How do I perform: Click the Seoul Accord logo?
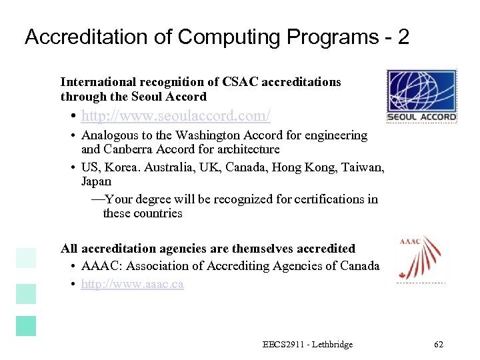click(x=422, y=96)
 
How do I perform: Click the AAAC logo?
click(x=421, y=259)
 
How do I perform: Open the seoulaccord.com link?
click(x=176, y=116)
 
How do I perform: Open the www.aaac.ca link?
click(x=133, y=284)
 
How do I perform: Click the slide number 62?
click(x=438, y=345)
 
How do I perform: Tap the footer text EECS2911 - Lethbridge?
click(x=307, y=345)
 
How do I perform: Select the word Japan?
click(x=96, y=181)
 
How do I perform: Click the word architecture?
click(x=246, y=149)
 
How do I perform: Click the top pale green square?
click(x=26, y=258)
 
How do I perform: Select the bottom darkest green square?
click(x=26, y=326)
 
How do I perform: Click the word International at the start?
click(x=97, y=82)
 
